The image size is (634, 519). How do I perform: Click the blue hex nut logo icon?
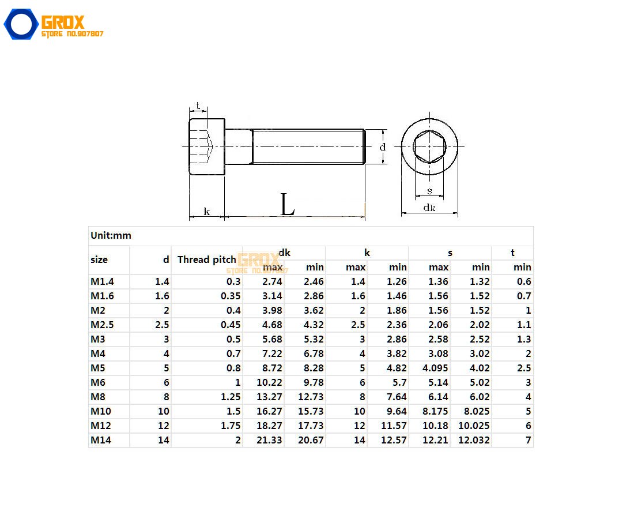coord(21,25)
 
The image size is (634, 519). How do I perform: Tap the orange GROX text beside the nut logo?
coord(63,22)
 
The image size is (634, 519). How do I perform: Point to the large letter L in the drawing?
coord(287,205)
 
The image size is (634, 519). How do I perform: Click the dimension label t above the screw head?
coord(198,106)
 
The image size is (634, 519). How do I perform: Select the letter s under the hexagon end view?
coord(429,191)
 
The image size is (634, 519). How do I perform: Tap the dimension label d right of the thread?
coord(382,147)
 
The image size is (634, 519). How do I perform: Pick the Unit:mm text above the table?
coord(111,235)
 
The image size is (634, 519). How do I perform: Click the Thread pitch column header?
coord(206,259)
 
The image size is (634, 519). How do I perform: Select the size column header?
coord(99,259)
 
